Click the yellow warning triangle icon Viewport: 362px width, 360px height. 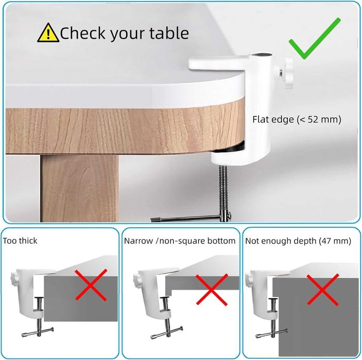pos(48,33)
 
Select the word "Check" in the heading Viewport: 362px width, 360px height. pos(83,33)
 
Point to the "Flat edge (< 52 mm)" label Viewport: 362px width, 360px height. pos(297,119)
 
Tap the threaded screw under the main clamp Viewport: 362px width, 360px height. pos(223,188)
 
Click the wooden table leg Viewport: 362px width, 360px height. pos(79,188)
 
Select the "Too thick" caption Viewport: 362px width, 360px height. pos(20,241)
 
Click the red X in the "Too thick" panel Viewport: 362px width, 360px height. pos(91,285)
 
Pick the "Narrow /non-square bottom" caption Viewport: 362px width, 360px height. pos(180,241)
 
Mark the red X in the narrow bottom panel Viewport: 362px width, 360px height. pos(212,289)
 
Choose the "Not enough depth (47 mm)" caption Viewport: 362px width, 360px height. pos(298,241)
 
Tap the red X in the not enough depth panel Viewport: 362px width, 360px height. pos(323,289)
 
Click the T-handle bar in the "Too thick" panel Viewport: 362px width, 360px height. pos(38,332)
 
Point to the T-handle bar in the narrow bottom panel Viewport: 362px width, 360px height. pos(167,333)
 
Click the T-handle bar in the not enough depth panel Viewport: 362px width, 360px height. pos(272,333)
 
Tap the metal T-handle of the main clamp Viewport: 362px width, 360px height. pos(191,218)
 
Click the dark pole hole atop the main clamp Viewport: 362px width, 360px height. pos(262,55)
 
